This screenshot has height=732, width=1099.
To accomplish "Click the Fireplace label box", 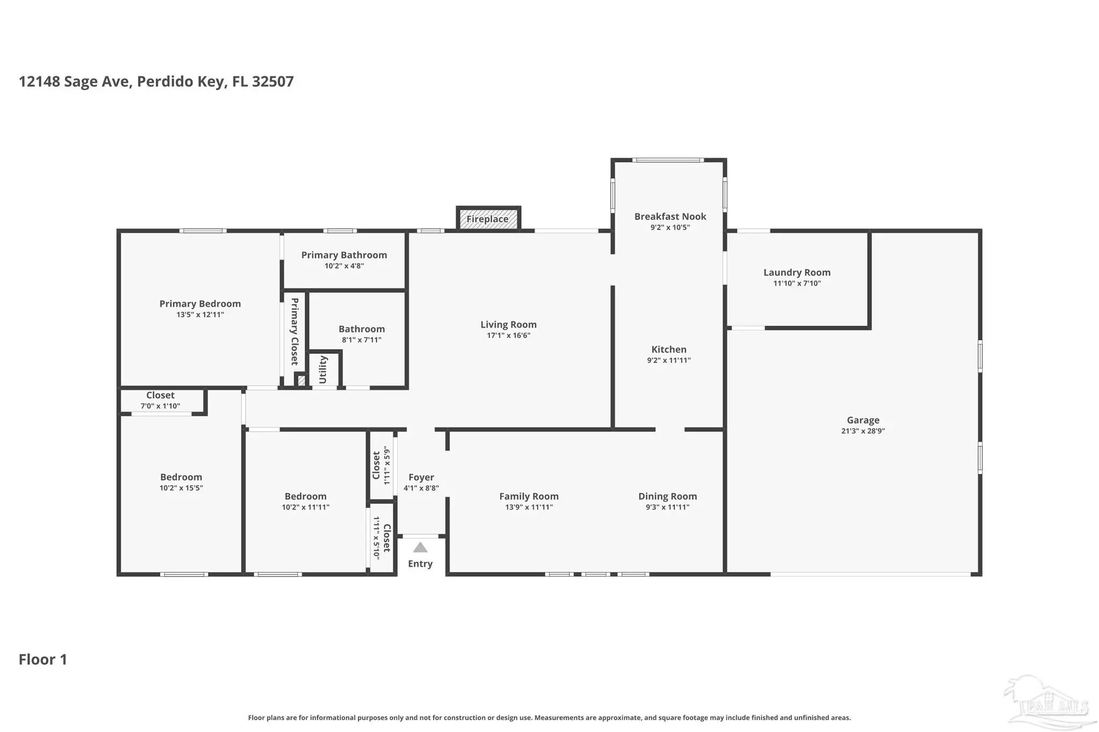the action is point(488,219).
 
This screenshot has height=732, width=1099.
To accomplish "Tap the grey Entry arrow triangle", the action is point(420,548).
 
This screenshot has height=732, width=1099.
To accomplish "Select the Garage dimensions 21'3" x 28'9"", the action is point(863,431).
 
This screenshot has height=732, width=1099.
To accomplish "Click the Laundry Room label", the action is point(797,272).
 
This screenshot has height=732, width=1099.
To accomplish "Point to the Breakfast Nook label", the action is point(670,217).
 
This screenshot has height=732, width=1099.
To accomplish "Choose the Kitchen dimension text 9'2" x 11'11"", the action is point(669,360).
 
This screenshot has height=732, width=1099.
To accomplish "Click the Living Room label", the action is point(508,325).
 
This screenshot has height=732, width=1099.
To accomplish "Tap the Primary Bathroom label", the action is point(344,255).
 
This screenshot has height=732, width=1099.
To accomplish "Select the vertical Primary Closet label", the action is point(295,331).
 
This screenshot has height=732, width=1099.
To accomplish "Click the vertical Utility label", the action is point(323,369).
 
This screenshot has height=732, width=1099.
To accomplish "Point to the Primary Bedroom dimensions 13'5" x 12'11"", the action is point(200,315).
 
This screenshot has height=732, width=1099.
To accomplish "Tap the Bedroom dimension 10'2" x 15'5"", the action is point(181,488).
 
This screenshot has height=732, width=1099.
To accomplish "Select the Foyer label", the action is point(421,477).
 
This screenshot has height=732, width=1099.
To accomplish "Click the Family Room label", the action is point(529,497).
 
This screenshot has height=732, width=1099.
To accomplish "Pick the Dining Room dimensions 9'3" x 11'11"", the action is point(668,507).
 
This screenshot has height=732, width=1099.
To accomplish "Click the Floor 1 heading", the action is point(43,660).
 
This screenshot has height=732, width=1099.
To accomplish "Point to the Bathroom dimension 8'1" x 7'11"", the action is point(362,340).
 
